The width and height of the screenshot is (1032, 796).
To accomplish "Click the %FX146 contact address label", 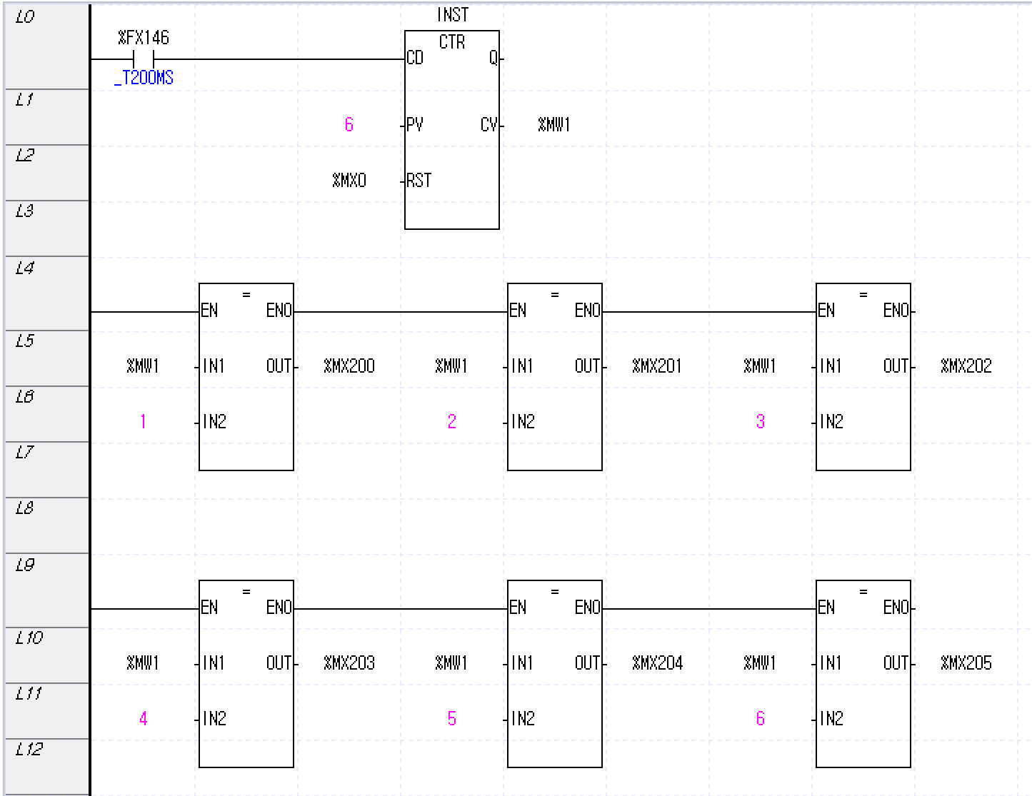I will (144, 38).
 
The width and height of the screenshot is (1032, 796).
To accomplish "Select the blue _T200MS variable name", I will (144, 78).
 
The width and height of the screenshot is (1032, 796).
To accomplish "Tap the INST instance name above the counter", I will (452, 15).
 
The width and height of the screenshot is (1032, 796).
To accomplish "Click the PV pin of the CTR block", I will (414, 125).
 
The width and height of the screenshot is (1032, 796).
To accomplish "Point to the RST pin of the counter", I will (419, 181).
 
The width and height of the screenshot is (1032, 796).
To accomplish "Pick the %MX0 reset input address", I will (349, 181).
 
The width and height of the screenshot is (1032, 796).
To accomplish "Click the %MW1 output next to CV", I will (554, 125).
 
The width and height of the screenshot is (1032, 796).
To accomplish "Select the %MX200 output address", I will (349, 366).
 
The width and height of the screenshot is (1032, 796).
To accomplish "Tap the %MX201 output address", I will (657, 366).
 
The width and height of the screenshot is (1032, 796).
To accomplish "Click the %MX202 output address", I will (966, 366).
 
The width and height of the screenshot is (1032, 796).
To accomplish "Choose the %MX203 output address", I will (349, 663).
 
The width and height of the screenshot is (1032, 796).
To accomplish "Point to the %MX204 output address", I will (657, 663).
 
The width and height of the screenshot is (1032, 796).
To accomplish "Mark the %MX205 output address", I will (966, 663).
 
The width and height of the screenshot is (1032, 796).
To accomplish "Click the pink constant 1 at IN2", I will (144, 422).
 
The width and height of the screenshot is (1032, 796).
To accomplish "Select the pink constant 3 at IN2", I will (761, 422).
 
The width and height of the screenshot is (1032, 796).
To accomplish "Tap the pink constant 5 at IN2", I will (452, 719).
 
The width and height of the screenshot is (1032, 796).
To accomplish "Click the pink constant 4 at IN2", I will (144, 719).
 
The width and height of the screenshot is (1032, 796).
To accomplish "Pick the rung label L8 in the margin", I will (24, 508).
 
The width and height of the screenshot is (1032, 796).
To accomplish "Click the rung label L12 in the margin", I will (29, 749).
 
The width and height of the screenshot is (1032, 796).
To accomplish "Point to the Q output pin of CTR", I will (493, 59).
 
